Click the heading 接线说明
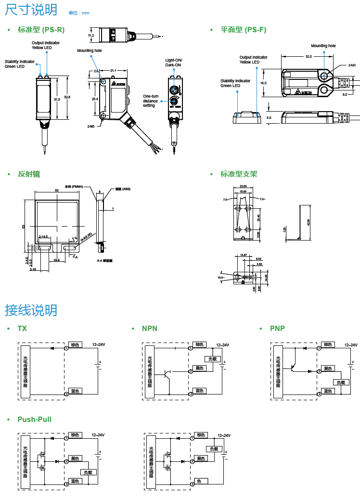(31, 310)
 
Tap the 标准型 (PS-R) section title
(41, 30)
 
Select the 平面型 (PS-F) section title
(243, 30)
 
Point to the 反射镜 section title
(29, 174)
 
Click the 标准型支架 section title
(239, 174)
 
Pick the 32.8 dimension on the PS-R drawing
(67, 97)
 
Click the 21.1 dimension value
(113, 71)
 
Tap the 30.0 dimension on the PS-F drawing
(309, 57)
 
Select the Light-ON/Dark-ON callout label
(174, 63)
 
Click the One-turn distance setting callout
(150, 101)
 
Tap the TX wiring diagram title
(22, 329)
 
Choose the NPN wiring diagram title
(150, 329)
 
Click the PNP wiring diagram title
(277, 329)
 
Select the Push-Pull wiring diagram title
(34, 420)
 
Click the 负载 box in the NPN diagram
(212, 359)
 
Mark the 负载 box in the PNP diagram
(341, 382)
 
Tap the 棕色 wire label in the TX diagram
(75, 345)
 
